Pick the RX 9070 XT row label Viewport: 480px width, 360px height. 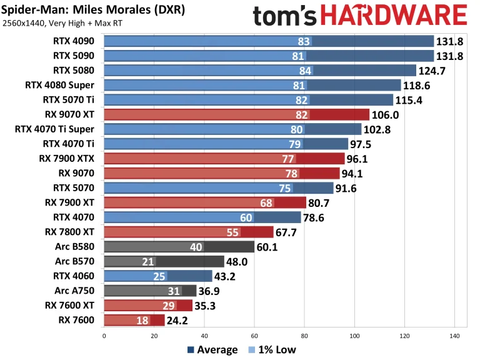(72, 114)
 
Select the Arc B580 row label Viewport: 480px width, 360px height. (77, 247)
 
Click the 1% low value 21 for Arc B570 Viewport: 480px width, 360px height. (148, 261)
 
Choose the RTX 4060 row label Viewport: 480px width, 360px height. (76, 276)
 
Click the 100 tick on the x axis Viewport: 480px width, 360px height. (354, 335)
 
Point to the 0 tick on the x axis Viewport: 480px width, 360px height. (104, 335)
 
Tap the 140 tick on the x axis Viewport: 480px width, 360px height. (454, 335)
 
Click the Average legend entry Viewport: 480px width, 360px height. (212, 350)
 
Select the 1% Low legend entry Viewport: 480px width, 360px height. (272, 350)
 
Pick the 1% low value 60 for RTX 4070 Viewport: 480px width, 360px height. (246, 217)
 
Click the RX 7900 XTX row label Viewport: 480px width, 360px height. (70, 158)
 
